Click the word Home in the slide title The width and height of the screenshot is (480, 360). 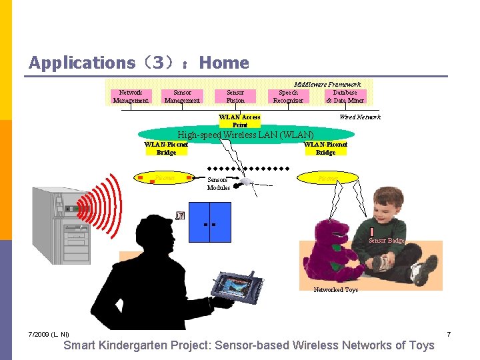[224, 63]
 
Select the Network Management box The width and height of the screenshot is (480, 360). [131, 97]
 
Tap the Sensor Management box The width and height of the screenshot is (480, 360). [182, 97]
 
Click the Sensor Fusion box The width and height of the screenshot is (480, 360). [235, 97]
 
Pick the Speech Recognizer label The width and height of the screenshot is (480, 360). [288, 97]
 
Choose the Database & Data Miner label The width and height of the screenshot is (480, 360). [345, 97]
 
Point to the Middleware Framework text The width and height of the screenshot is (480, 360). [327, 85]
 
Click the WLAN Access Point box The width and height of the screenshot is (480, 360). [240, 121]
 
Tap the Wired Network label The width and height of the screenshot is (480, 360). [360, 117]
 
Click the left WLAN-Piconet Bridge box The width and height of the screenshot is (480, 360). [167, 148]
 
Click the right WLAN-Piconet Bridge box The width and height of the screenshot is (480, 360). [325, 148]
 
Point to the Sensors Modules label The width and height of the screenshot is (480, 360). [218, 184]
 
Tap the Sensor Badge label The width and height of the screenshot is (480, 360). [387, 240]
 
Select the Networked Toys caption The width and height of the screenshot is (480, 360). [336, 290]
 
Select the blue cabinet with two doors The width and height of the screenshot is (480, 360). [210, 221]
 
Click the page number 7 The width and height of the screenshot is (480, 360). [449, 333]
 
